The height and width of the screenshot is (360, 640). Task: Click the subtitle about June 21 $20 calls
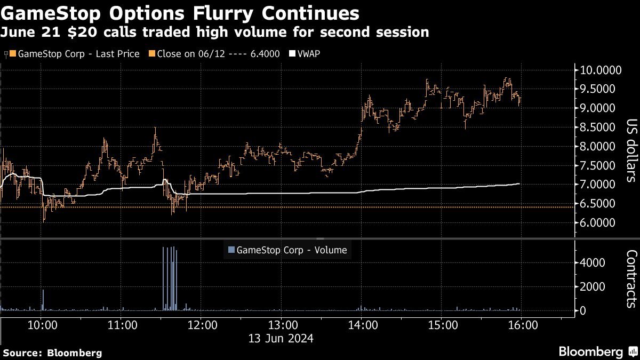point(215,32)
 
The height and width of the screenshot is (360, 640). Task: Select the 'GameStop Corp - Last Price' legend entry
point(75,54)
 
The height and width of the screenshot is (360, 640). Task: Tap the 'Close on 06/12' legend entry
point(214,54)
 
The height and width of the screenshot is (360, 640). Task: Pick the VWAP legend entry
point(305,54)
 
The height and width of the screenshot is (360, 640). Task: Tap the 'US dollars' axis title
point(631,150)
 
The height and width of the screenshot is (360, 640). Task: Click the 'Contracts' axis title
point(631,278)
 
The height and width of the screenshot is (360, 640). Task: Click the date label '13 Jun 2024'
point(282,338)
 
